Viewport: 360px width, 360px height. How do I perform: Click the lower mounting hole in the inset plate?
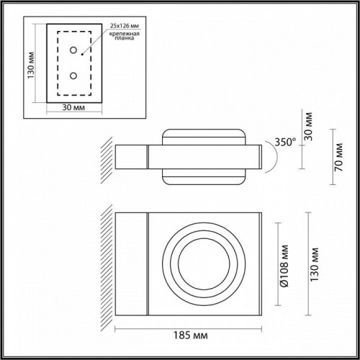coord(72,74)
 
